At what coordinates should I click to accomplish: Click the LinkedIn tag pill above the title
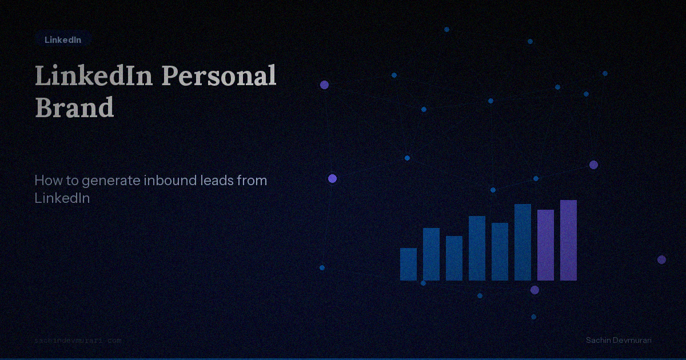coord(63,40)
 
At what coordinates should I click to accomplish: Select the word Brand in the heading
coord(74,107)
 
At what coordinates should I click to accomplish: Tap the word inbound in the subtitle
coord(170,181)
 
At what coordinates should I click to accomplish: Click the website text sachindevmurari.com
coord(78,341)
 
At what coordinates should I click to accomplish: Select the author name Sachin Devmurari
coord(619,341)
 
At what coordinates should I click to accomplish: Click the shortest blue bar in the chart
coord(408,264)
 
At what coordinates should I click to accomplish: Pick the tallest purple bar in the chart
coord(568,240)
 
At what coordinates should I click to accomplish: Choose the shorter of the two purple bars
coord(545,245)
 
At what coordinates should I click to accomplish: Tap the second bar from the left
coord(431,254)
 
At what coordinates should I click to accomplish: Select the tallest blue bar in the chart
coord(523,242)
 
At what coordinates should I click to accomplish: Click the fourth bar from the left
coord(477,248)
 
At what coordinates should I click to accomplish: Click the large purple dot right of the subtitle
coord(332,179)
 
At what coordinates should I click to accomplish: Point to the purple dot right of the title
coord(324,85)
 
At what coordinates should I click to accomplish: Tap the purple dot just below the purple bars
coord(535,290)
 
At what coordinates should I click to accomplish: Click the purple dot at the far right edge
coord(661,259)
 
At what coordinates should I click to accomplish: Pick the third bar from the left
coord(454,258)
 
